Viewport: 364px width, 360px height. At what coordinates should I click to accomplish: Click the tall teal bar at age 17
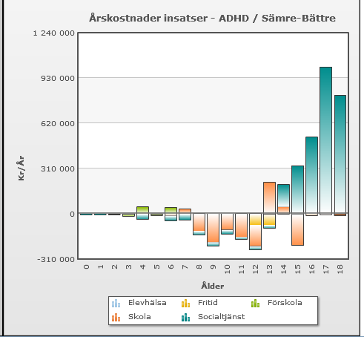pos(325,140)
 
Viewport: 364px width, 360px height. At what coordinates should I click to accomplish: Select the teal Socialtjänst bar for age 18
pos(340,154)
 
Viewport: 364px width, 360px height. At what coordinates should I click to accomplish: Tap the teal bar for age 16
pos(311,175)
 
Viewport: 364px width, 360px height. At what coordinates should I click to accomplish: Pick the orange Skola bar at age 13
pos(269,197)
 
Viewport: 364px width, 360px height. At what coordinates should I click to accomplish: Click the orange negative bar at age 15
pos(297,229)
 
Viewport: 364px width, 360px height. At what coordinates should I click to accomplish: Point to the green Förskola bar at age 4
pos(142,210)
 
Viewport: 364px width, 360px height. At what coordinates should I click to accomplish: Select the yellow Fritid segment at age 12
pos(255,219)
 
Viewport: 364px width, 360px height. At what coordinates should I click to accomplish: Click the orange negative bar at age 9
pos(214,228)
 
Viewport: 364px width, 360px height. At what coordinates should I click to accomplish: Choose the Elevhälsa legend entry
pos(139,303)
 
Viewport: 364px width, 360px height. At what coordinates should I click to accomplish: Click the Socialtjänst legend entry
pos(213,317)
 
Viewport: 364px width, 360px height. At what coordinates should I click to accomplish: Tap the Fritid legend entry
pos(199,303)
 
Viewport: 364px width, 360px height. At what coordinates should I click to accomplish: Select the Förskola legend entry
pos(277,303)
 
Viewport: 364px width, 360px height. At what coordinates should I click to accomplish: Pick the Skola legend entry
pos(131,317)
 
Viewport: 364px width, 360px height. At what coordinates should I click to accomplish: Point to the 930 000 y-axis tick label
pos(58,79)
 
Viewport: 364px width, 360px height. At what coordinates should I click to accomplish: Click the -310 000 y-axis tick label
pos(56,259)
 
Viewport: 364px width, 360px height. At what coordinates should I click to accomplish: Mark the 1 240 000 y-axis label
pos(53,33)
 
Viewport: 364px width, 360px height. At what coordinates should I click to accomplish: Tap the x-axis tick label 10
pos(228,269)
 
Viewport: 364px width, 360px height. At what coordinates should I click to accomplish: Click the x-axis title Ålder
pos(213,286)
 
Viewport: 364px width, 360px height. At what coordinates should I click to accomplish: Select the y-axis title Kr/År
pos(21,168)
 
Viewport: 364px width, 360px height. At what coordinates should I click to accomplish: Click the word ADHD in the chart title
pos(234,19)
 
